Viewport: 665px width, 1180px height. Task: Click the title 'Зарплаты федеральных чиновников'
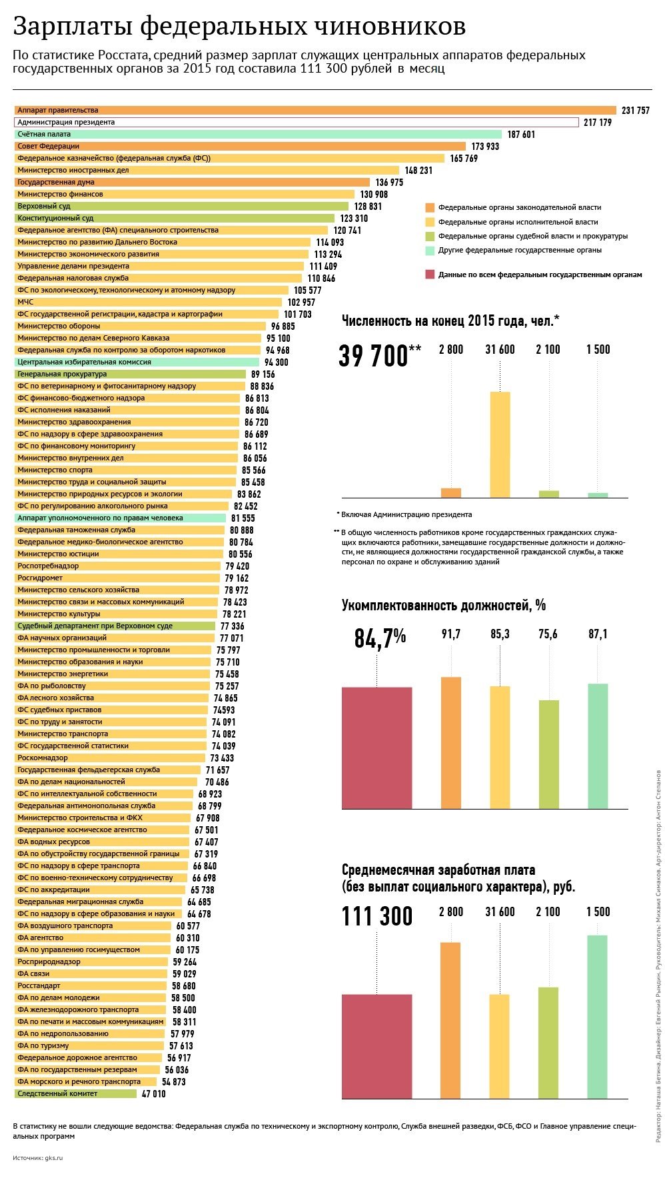click(239, 27)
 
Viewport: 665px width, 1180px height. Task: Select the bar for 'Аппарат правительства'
click(315, 111)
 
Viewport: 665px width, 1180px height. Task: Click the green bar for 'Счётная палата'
click(258, 135)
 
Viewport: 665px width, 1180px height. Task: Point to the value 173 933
click(485, 147)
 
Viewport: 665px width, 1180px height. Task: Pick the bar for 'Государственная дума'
click(192, 183)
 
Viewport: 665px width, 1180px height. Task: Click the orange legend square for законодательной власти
click(430, 208)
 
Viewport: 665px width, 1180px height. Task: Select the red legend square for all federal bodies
click(430, 275)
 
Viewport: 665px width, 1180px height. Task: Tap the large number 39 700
click(372, 356)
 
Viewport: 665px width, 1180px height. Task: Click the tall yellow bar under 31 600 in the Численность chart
click(500, 444)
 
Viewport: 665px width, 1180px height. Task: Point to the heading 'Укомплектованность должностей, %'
click(444, 606)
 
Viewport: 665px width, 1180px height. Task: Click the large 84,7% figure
click(380, 638)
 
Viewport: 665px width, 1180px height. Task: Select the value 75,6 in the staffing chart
click(548, 634)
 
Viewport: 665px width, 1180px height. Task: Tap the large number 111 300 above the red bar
click(377, 917)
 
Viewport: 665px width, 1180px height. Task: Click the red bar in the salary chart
click(377, 1047)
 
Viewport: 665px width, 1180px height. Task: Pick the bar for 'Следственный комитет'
click(76, 1094)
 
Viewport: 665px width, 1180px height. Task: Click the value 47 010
click(154, 1094)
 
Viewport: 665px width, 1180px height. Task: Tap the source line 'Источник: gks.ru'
click(37, 1158)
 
